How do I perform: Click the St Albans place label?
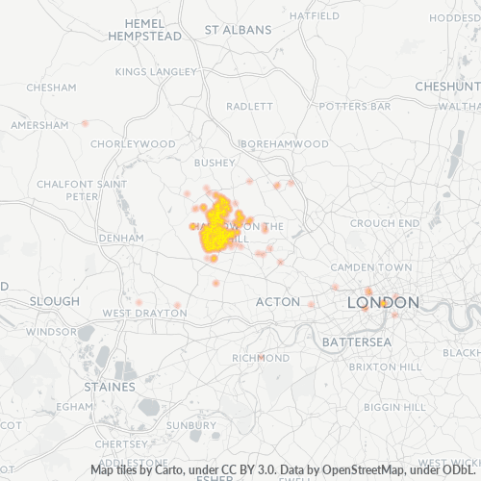238,30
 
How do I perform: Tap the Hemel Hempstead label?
147,29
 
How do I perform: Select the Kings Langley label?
155,71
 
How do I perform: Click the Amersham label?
39,125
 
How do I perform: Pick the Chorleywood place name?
133,144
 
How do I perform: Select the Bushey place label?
215,164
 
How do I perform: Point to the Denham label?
120,237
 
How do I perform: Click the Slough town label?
54,301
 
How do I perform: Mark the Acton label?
278,302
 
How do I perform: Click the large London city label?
383,303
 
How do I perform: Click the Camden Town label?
370,266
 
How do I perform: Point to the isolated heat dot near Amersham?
85,123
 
